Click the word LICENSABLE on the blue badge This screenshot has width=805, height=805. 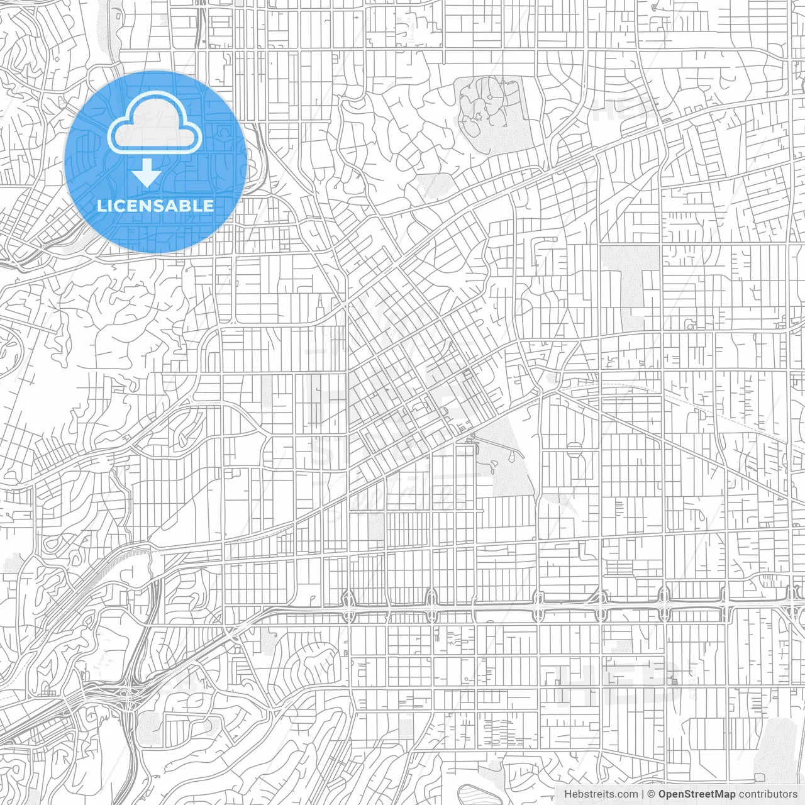click(x=155, y=206)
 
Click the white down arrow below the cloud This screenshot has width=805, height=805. click(x=147, y=174)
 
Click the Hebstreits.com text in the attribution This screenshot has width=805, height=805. click(x=601, y=794)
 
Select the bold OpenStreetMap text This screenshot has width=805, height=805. click(x=697, y=794)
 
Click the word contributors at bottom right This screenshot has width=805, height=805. click(x=767, y=794)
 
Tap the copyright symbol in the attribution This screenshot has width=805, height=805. click(x=652, y=794)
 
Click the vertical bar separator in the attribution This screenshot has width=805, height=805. click(x=643, y=794)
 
